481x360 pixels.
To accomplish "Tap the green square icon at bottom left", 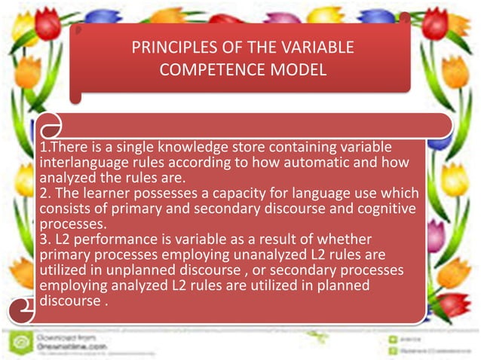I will pos(17,343).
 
